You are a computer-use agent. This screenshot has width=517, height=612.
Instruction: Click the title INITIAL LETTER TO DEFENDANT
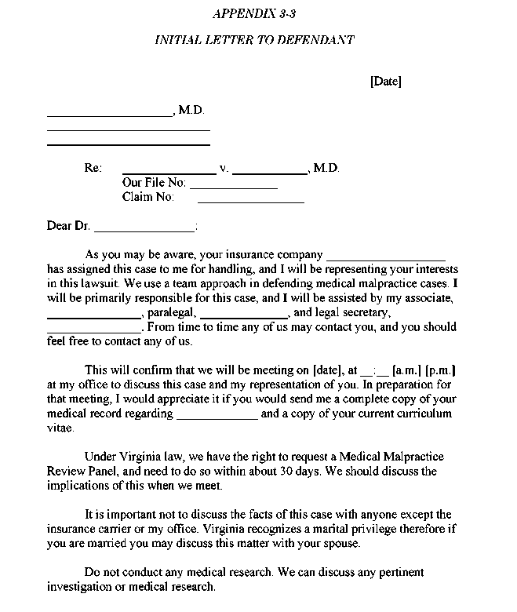(x=254, y=40)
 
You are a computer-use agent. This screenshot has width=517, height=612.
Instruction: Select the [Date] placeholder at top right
(x=385, y=82)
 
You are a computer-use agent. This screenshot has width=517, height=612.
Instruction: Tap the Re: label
(x=93, y=169)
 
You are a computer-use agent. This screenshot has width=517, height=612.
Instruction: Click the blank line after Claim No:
(x=250, y=202)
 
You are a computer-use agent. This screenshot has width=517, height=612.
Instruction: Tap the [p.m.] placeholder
(x=441, y=370)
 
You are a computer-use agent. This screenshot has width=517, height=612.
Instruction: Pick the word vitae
(x=60, y=428)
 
